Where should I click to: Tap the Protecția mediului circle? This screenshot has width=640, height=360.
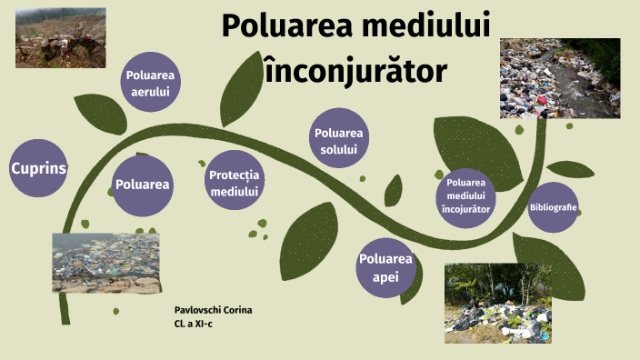235,184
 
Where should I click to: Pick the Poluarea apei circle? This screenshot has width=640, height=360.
385,268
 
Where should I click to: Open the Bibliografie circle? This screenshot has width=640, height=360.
554,207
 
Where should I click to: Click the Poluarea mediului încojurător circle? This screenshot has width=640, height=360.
468,195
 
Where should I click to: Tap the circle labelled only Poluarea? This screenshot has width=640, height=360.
143,184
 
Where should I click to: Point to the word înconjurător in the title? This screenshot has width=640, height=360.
355,68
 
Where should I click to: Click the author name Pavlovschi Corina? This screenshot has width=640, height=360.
213,310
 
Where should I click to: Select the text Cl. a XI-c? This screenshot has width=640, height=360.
195,323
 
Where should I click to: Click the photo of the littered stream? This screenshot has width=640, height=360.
560,78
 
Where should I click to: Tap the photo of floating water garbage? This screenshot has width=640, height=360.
105,263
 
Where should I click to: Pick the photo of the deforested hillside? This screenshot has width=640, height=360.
60,37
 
